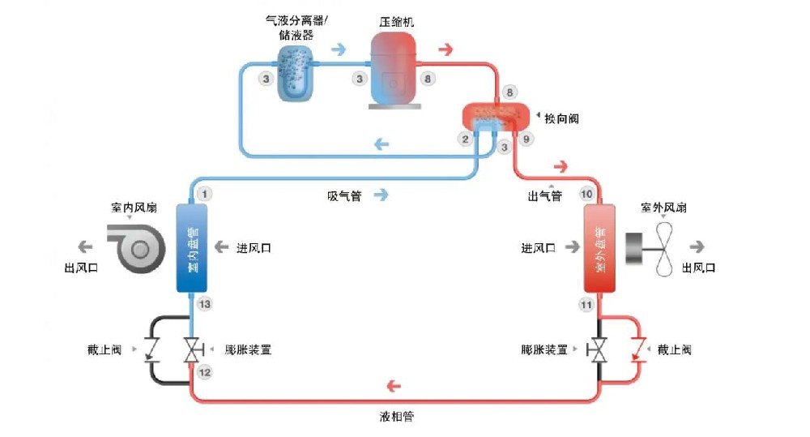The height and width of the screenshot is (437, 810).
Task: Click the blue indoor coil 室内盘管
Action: point(192,248)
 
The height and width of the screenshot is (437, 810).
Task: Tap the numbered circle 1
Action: point(205,194)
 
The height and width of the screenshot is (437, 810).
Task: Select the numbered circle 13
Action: point(205,304)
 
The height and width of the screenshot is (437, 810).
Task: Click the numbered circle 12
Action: point(205,372)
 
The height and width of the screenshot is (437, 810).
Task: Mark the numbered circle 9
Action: point(526,139)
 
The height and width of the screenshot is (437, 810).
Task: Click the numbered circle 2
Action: point(465,139)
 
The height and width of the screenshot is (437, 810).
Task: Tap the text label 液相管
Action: point(398,417)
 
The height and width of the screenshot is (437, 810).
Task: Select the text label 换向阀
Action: point(562,118)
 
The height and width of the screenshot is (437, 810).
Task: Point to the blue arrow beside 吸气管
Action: point(381,195)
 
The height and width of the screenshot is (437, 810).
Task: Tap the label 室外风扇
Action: point(663,208)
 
